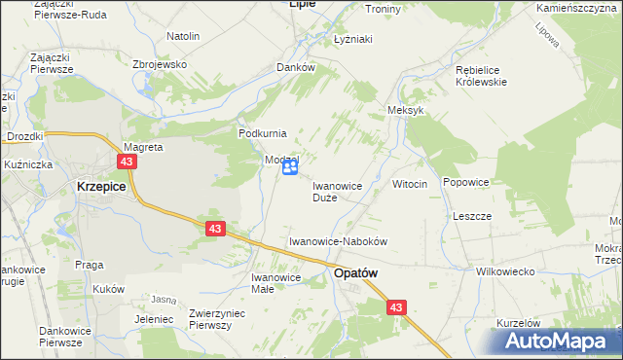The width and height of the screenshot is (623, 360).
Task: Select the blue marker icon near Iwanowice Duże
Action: click(290, 168)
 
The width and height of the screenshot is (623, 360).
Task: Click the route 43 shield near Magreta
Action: click(128, 162)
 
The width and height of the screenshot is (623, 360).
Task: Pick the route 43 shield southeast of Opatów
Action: click(395, 307)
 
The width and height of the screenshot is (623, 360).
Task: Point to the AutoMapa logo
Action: click(559, 342)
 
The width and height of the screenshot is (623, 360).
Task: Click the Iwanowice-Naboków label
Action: click(339, 240)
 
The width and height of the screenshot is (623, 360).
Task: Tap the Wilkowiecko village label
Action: click(505, 271)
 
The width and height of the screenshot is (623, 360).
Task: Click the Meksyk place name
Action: click(406, 111)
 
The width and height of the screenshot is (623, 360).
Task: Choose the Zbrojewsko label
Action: click(159, 63)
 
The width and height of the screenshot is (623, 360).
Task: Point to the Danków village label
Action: click(296, 67)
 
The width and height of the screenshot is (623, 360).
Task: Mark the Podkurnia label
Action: click(262, 132)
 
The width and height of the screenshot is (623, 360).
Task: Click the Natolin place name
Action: click(183, 36)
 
